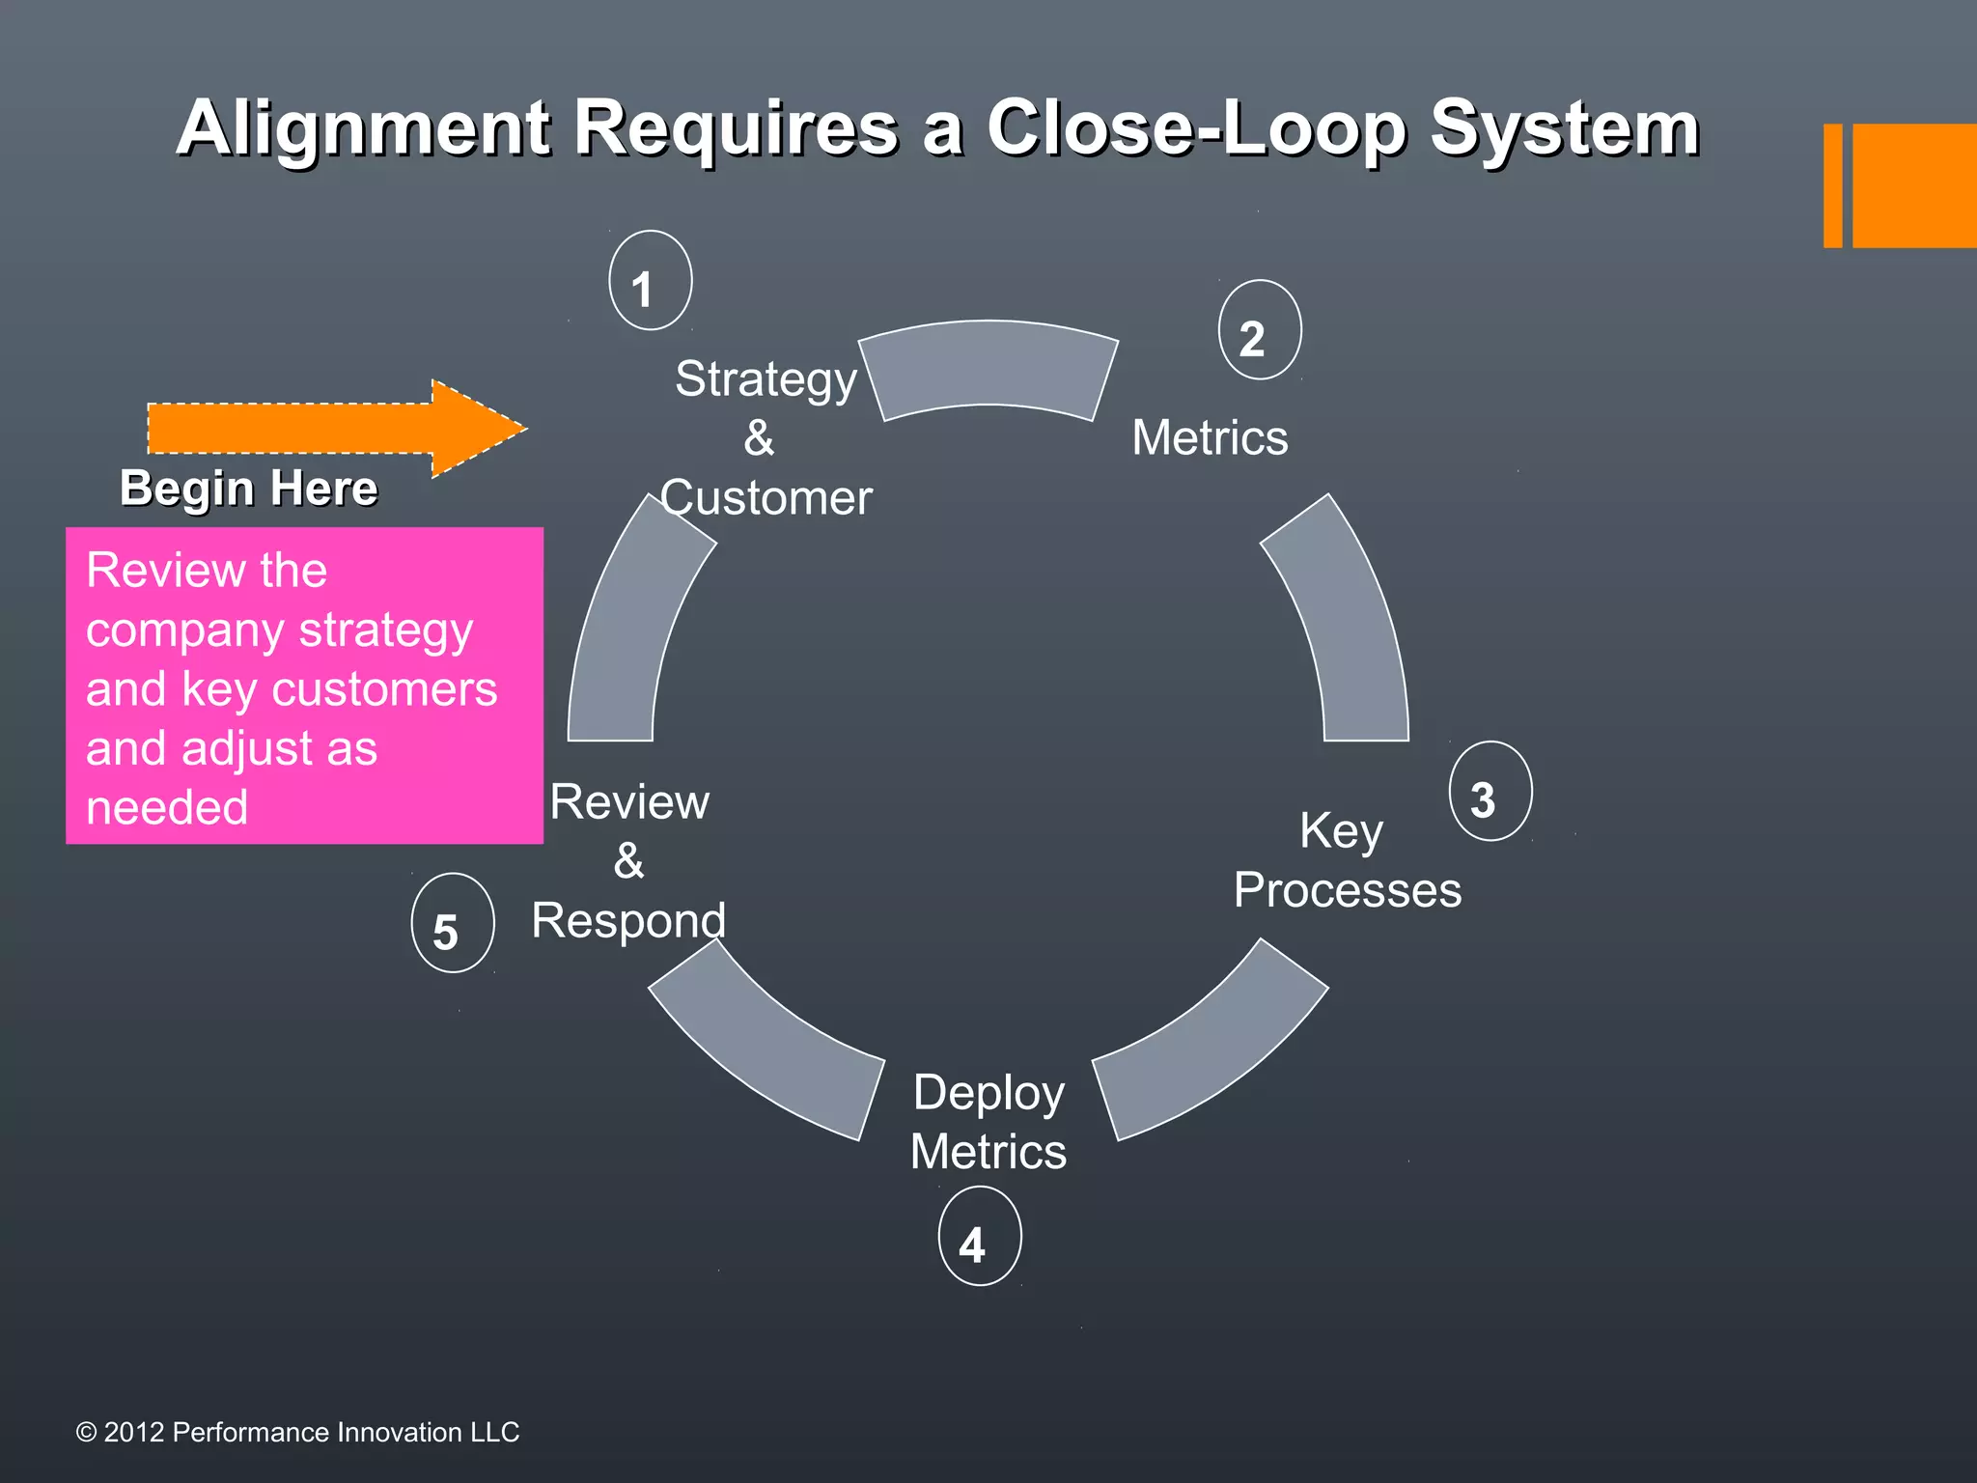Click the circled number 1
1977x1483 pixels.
click(650, 281)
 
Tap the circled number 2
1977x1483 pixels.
click(1260, 330)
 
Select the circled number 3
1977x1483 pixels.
click(1490, 792)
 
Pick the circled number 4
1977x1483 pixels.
click(979, 1237)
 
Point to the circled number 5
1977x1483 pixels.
click(452, 923)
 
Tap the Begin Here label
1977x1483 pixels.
click(248, 488)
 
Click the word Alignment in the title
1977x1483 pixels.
click(363, 127)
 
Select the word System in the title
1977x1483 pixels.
click(1564, 127)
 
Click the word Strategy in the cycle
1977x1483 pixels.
click(766, 378)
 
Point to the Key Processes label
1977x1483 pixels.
click(1347, 860)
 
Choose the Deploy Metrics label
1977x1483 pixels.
click(988, 1122)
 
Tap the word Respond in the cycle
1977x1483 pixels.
click(628, 920)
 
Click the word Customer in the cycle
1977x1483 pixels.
click(766, 498)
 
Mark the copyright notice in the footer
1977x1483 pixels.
click(297, 1432)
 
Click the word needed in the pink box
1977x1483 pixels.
click(167, 807)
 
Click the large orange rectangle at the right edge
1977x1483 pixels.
click(1913, 185)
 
